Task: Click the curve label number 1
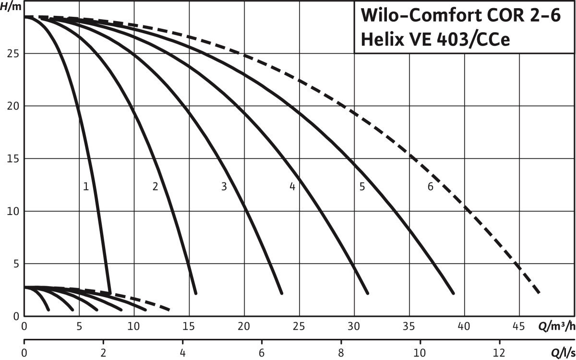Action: point(86,187)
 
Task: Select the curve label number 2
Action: point(155,187)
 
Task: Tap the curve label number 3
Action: point(224,187)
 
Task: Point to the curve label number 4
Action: point(292,187)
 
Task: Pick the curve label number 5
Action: point(362,187)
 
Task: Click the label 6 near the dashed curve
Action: point(431,187)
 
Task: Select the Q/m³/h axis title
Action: point(556,327)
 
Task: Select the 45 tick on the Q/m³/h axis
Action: point(519,327)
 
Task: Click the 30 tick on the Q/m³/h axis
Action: point(354,327)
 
